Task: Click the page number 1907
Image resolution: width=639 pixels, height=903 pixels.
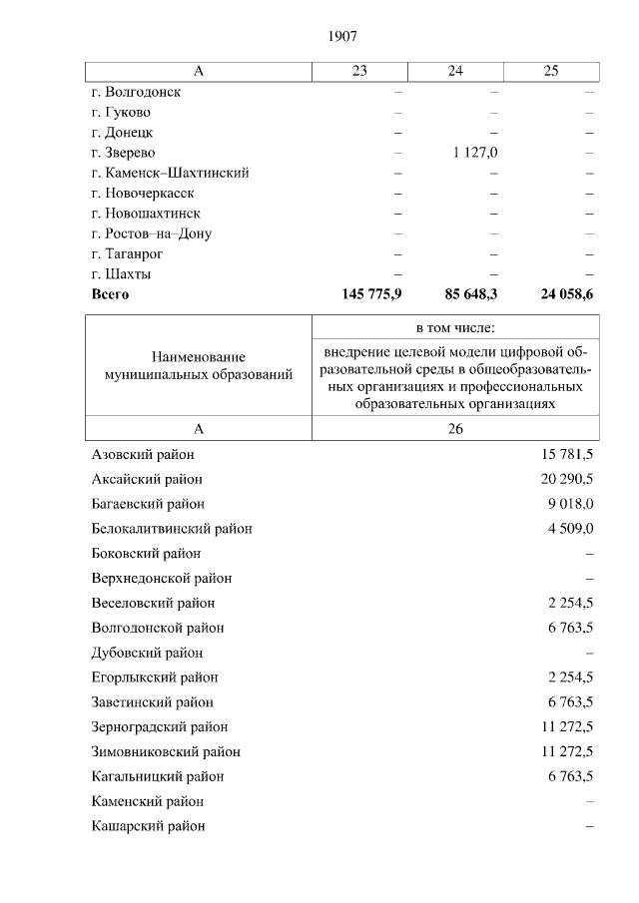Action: pyautogui.click(x=342, y=37)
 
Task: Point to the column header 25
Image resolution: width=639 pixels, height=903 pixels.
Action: pyautogui.click(x=551, y=71)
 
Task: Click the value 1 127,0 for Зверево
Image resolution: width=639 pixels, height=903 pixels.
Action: pyautogui.click(x=475, y=153)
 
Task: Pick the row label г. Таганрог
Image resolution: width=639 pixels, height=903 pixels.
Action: pyautogui.click(x=128, y=254)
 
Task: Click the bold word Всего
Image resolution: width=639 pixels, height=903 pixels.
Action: pyautogui.click(x=110, y=295)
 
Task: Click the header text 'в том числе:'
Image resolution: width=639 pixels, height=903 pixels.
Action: pyautogui.click(x=455, y=328)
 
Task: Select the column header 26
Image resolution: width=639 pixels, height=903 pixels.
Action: pyautogui.click(x=455, y=428)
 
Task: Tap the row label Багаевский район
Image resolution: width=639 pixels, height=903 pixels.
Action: pyautogui.click(x=148, y=504)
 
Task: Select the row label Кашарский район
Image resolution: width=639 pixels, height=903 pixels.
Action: pyautogui.click(x=148, y=826)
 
